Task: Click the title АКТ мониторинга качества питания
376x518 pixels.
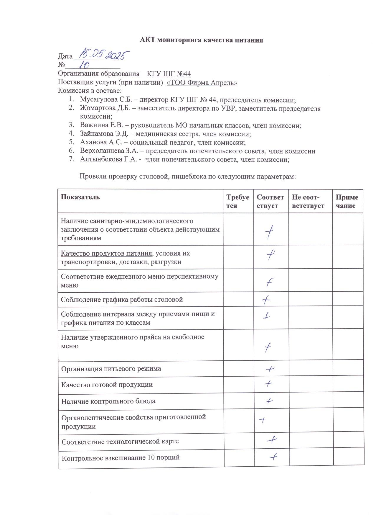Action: pyautogui.click(x=201, y=40)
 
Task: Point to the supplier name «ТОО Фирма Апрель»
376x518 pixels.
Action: pyautogui.click(x=202, y=83)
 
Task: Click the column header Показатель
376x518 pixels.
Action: pyautogui.click(x=80, y=197)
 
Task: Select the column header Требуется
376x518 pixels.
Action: pyautogui.click(x=238, y=201)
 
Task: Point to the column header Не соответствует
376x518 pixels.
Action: pyautogui.click(x=308, y=201)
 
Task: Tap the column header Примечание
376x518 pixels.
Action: pyautogui.click(x=347, y=201)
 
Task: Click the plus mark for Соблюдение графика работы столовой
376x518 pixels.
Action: pyautogui.click(x=266, y=300)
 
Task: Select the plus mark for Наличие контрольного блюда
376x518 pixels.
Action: pyautogui.click(x=269, y=401)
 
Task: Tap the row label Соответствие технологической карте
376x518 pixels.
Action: pyautogui.click(x=120, y=442)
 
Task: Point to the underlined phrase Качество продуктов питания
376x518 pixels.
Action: pyautogui.click(x=106, y=253)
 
